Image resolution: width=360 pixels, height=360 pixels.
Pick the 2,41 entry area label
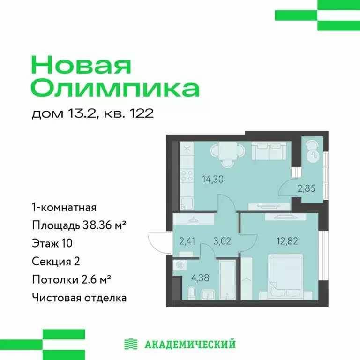coord(188,242)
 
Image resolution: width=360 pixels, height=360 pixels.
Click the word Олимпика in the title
coord(115,88)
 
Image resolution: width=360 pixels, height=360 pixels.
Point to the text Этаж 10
coord(52,243)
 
